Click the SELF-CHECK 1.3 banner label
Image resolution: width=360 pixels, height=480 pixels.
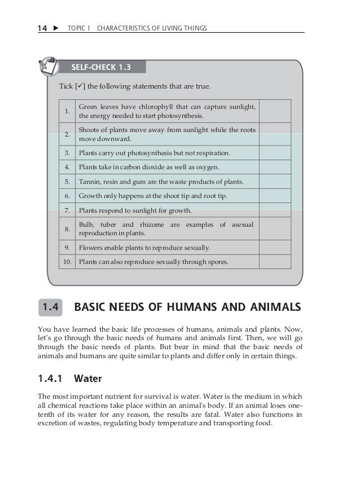(101, 68)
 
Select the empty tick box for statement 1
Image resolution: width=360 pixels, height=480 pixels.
(275, 111)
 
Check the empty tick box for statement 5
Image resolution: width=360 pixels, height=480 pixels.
(275, 182)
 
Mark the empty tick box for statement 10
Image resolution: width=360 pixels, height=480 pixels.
(275, 262)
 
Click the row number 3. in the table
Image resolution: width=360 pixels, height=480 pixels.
(67, 153)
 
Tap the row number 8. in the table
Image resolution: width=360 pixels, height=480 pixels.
(67, 229)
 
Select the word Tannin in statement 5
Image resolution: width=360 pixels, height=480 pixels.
(89, 182)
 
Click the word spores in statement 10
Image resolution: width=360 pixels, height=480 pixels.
(217, 262)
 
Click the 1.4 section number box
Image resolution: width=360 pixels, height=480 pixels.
(51, 307)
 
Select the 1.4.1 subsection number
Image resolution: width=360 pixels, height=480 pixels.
(51, 379)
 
